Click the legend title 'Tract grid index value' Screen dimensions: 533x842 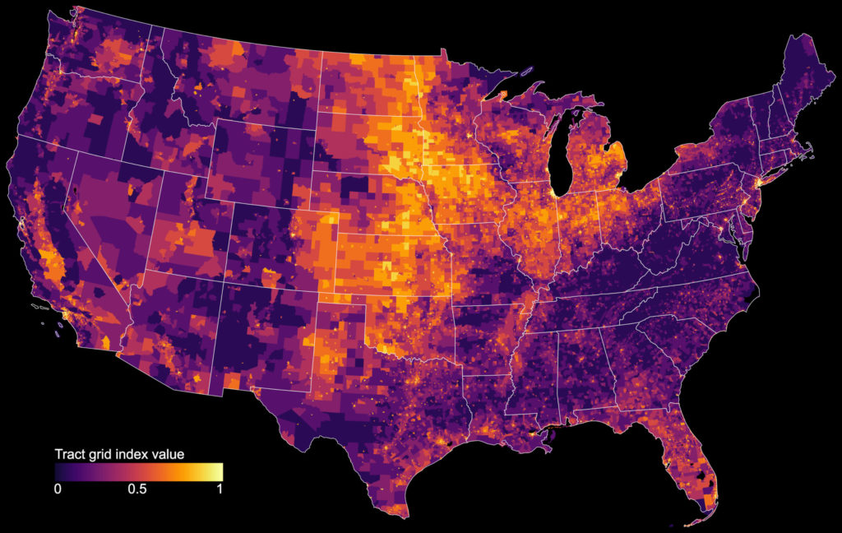click(x=118, y=454)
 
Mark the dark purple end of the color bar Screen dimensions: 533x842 click(x=60, y=471)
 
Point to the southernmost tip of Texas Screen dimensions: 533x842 click(x=405, y=517)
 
